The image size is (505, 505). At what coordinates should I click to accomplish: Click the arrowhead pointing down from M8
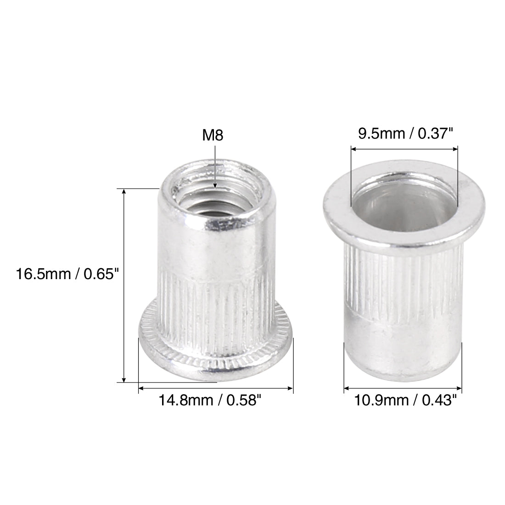[214, 185]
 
